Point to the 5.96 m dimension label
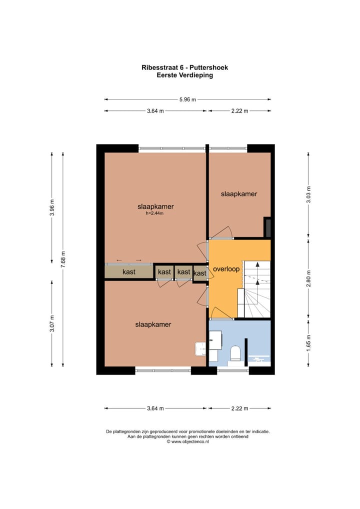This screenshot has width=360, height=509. pos(187,99)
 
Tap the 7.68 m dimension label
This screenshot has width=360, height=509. pos(63,259)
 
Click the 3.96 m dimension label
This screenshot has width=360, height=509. pos(52,208)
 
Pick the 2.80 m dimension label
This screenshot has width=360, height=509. pos(308,278)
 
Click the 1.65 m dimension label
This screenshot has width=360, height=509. pos(308,345)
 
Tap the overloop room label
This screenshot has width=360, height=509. pos(226,269)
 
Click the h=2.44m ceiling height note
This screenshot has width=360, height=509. pos(155,213)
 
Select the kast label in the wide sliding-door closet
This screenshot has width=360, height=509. pos(129,272)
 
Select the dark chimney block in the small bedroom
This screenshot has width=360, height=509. pos(267,227)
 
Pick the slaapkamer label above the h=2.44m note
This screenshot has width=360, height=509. pos(155,206)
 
